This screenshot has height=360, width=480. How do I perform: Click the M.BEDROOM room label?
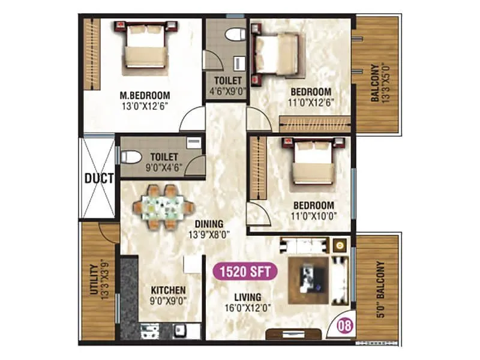coord(145,95)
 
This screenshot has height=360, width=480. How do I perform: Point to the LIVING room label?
coord(248,297)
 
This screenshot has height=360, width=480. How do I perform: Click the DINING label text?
coord(209,224)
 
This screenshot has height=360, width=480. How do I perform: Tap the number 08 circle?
coord(344,328)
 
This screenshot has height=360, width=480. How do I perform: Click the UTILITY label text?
coord(94,281)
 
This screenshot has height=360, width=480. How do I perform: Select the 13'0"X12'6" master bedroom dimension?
coord(145,106)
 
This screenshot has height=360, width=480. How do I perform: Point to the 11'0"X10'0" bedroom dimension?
coord(313,215)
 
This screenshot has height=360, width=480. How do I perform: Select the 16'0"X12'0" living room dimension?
coord(248,308)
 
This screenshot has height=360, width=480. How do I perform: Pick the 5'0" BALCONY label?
coord(379,290)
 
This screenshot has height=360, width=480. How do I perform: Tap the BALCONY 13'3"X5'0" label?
coord(379,82)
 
